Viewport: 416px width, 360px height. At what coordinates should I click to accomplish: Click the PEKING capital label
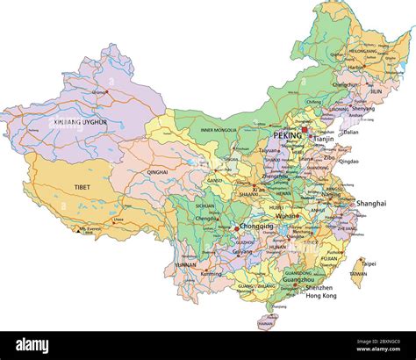click(286, 136)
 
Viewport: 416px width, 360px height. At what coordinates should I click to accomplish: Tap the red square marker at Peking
click(305, 130)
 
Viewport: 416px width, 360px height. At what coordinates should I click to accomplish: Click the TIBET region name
click(82, 187)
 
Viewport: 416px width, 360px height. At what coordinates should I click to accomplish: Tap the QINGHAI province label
click(158, 172)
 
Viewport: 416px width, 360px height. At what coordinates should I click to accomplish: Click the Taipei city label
click(369, 263)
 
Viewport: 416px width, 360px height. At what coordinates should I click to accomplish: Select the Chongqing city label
click(256, 226)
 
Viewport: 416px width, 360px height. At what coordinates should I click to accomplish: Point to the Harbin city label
click(355, 67)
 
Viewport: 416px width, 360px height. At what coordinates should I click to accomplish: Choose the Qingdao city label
click(348, 162)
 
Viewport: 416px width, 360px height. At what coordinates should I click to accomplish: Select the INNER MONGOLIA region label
click(219, 131)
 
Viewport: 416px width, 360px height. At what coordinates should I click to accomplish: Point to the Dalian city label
click(351, 132)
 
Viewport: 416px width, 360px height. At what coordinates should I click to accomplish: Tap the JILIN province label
click(376, 90)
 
